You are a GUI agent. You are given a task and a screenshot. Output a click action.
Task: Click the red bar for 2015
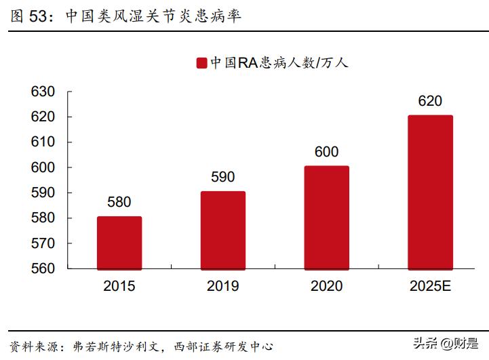point(119,243)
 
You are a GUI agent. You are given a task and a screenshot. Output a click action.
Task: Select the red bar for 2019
point(222,231)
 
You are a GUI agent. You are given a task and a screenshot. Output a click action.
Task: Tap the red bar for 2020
point(326,218)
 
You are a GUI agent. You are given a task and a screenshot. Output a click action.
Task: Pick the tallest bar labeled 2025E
point(430,193)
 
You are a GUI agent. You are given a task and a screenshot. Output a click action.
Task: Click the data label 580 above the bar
point(119,202)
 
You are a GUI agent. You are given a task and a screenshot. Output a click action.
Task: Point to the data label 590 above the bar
point(222,177)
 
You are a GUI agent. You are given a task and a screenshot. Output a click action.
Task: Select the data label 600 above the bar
point(326,152)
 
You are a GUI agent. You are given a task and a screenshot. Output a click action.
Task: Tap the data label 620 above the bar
point(430,102)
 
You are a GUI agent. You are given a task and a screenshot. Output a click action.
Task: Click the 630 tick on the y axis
point(43,92)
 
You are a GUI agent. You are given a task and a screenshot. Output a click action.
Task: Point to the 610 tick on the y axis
point(43,142)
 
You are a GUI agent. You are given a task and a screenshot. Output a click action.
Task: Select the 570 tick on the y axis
point(43,243)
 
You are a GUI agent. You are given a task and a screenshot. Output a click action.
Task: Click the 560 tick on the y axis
point(43,268)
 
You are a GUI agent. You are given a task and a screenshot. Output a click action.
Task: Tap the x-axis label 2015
point(119,286)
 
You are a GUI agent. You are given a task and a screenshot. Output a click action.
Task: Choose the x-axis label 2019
point(222,286)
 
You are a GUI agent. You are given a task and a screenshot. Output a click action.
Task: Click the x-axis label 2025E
point(430,286)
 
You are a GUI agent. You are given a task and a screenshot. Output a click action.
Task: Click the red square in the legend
point(201,63)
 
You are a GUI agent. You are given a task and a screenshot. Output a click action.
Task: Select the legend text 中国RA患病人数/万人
point(279,63)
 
